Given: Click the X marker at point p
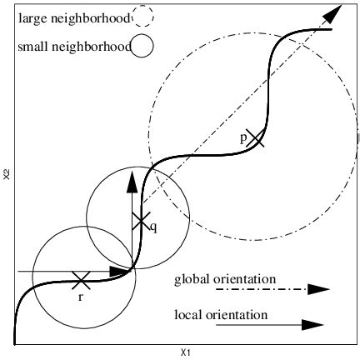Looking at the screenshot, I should (256, 139).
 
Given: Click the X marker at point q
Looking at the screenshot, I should (141, 221).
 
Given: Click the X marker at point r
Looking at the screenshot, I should (81, 280).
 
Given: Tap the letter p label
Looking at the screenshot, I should (243, 138).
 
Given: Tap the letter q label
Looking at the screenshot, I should (152, 226).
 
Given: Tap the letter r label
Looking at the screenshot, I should (81, 296).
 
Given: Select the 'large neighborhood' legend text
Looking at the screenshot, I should (73, 16).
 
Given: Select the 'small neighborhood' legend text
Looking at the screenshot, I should (73, 47).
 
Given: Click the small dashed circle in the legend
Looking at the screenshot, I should (143, 16).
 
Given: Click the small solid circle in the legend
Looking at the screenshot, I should (143, 47).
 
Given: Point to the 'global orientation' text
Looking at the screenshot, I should (225, 278).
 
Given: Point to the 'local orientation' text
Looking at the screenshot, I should (221, 315).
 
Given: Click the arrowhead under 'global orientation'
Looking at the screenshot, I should (317, 289).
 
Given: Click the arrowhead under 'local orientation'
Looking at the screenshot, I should (312, 325).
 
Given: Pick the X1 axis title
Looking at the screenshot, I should (186, 352).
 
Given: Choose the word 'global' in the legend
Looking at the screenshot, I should (191, 278).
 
